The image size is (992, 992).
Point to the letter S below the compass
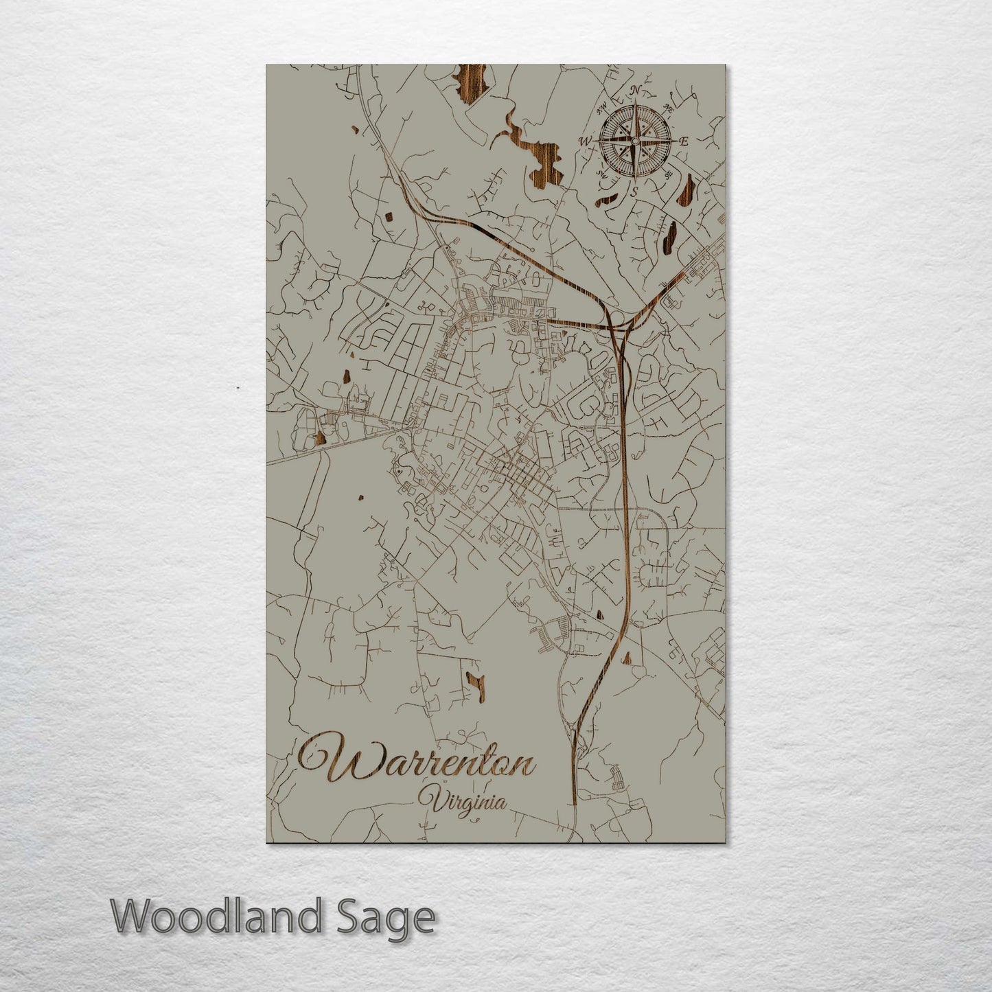[635, 192]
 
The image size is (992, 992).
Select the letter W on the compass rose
[586, 141]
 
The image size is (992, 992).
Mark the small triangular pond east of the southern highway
[625, 658]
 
